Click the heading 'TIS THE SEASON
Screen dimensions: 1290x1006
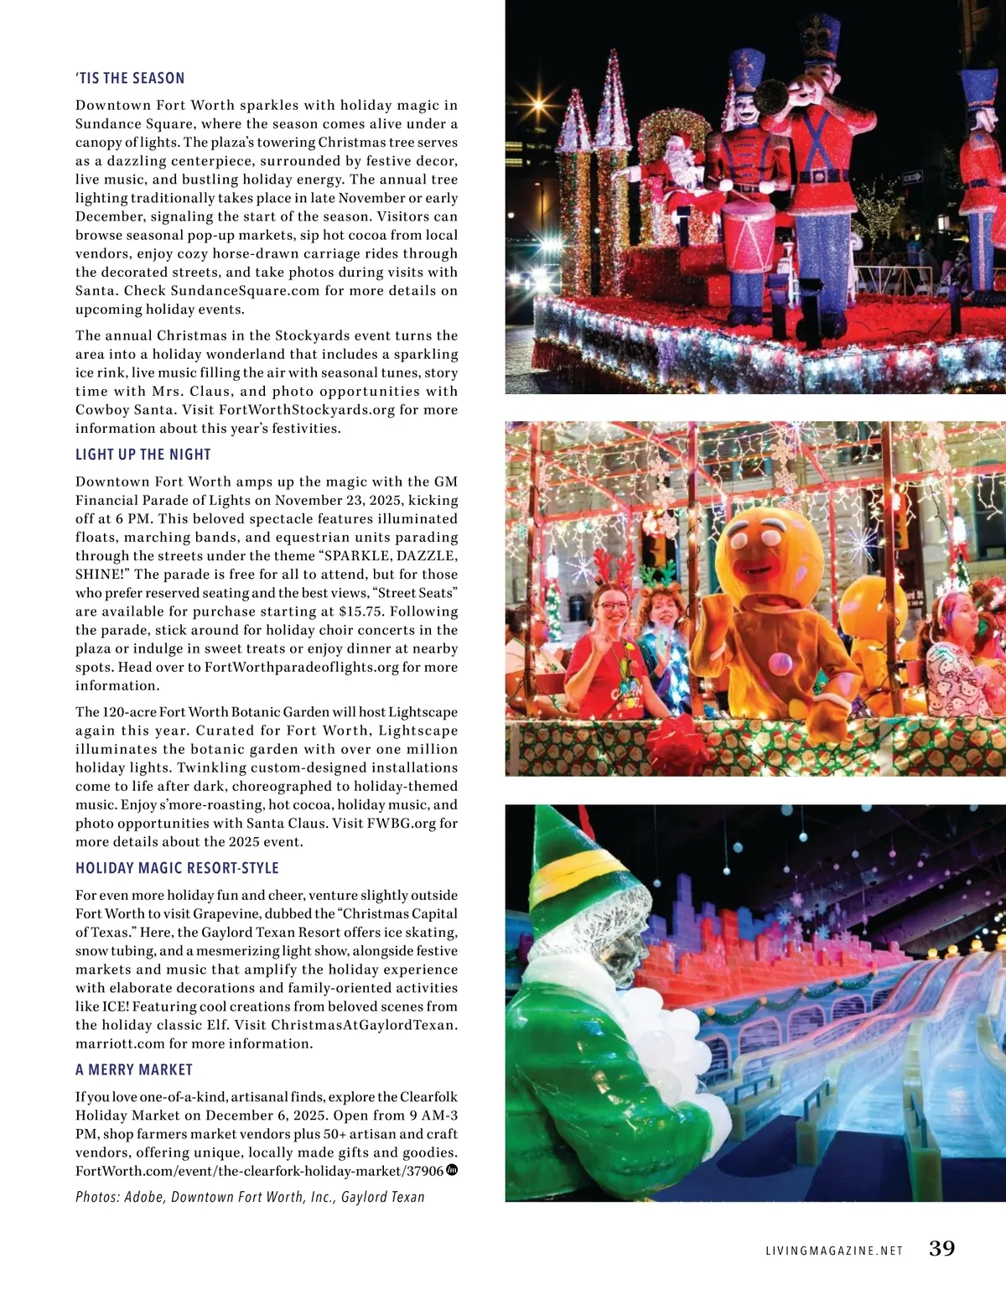click(130, 78)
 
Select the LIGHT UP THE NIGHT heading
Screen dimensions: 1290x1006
click(143, 455)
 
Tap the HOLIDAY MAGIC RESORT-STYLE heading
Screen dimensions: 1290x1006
click(177, 868)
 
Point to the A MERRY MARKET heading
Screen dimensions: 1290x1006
click(134, 1069)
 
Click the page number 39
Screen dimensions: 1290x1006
click(942, 1248)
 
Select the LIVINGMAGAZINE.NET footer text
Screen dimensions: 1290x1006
click(834, 1251)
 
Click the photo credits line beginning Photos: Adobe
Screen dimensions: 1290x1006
click(250, 1197)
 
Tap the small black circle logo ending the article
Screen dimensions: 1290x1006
click(452, 1170)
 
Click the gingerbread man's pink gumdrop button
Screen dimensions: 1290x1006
click(780, 664)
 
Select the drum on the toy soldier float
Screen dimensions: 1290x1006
click(748, 235)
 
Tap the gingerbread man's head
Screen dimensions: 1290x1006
click(763, 549)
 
